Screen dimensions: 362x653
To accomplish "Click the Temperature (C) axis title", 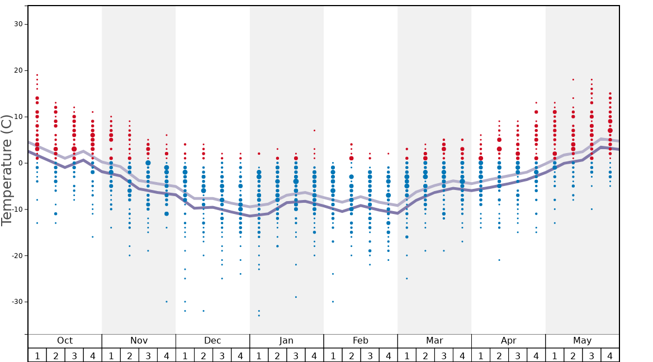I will click(7, 170).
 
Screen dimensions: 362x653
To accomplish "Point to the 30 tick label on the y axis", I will click(18, 24).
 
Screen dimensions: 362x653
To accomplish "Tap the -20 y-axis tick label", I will click(17, 255).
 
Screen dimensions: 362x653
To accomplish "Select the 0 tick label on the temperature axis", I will click(20, 163).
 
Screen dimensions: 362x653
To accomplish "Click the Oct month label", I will click(65, 341).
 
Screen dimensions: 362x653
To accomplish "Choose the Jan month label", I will click(286, 341).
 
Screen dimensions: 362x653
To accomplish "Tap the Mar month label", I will click(434, 341).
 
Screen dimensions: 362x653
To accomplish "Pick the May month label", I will click(582, 341).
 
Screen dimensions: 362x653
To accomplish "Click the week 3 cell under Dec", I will click(222, 355).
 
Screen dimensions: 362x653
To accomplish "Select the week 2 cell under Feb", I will click(351, 355).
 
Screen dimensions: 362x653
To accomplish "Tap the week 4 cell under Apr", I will click(536, 355).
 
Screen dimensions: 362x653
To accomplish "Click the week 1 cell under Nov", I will click(111, 355).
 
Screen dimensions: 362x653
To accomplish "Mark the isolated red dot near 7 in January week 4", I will click(314, 131).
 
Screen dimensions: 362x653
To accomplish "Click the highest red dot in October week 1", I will click(37, 75).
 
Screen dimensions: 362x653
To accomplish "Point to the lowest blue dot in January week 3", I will click(296, 297).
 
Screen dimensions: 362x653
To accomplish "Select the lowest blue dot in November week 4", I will click(167, 302).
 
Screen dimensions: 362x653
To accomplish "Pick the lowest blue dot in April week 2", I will click(499, 260).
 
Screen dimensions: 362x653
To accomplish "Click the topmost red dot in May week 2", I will click(573, 79).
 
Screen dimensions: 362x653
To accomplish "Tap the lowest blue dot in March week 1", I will click(407, 278).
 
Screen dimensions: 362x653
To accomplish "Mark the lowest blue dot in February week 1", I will click(333, 302).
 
